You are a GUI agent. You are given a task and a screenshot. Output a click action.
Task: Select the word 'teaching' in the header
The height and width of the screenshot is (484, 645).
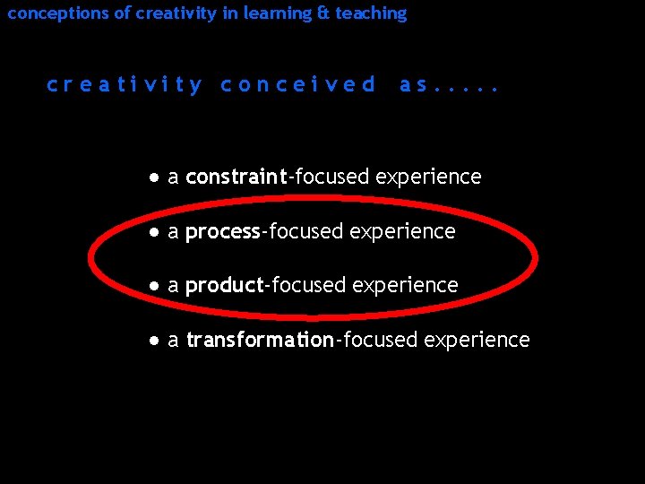click(x=371, y=13)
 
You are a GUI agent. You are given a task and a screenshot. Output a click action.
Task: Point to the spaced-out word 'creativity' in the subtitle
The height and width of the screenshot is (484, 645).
click(x=125, y=85)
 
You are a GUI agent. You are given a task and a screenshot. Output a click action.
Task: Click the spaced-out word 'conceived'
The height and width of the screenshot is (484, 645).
click(x=297, y=85)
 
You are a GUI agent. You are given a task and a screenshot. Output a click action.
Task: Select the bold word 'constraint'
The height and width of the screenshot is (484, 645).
click(x=236, y=177)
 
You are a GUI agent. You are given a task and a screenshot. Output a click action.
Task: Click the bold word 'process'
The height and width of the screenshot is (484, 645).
click(x=222, y=231)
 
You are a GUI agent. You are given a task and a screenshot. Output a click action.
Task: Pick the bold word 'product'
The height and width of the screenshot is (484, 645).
click(x=224, y=286)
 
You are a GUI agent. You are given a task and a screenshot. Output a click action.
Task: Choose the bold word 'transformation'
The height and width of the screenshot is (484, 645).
click(x=260, y=340)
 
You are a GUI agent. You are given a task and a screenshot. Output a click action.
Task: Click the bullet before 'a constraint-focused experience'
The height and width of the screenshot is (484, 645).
click(x=155, y=177)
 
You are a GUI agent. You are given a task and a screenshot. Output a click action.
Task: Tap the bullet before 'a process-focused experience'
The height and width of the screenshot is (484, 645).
click(x=155, y=232)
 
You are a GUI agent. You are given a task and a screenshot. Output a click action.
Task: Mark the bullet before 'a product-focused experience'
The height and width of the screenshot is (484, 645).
click(x=155, y=286)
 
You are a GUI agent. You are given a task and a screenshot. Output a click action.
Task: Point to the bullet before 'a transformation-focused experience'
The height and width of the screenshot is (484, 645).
click(x=155, y=341)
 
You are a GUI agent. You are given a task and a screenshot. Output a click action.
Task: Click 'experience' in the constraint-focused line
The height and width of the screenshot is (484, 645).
click(x=428, y=177)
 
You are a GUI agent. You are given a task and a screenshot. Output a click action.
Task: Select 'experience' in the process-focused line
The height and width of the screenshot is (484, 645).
click(x=402, y=232)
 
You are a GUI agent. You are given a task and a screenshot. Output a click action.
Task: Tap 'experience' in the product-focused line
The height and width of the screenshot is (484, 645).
click(x=405, y=286)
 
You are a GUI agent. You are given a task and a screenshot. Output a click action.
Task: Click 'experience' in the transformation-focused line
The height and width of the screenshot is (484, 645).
click(x=477, y=341)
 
